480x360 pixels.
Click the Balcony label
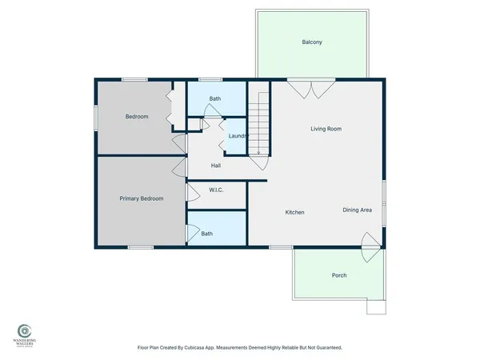coord(312,42)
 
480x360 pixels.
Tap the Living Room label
coord(326,128)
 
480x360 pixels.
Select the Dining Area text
coord(358,210)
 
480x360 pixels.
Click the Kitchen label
coord(295,212)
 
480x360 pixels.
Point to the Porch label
coord(339,275)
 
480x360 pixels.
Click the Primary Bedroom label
coord(142,198)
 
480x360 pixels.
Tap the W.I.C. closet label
coord(216,190)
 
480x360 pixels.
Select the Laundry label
coord(238,136)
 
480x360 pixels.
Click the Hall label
coord(216,166)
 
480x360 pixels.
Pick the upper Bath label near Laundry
coord(215,98)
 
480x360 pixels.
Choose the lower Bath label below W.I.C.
coord(207,234)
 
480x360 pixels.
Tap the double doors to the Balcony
coord(307,89)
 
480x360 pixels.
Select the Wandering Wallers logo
coord(25,331)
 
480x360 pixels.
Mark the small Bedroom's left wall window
coord(98,118)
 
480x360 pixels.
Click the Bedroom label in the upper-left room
coord(137,117)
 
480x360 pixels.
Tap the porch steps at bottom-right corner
coord(376,307)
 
